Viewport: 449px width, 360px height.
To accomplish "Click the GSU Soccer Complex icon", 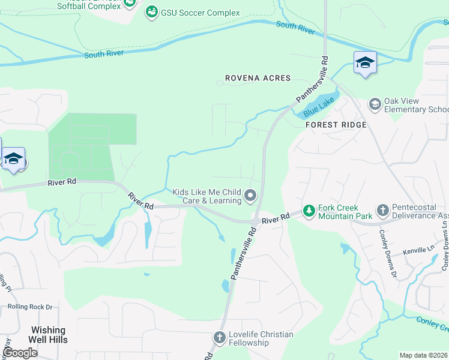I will coord(152,13).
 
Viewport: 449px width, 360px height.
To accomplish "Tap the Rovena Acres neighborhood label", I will coord(258,78).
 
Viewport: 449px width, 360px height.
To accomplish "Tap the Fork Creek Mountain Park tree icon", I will coord(309,211).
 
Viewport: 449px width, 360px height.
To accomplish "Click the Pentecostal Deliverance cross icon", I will coord(383,211).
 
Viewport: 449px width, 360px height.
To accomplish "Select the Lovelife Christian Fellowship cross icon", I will coord(219,338).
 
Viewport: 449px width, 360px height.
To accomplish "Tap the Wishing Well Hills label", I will coord(49,335).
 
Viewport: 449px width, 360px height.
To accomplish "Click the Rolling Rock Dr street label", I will coord(30,307).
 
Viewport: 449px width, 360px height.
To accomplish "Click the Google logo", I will coord(20,353).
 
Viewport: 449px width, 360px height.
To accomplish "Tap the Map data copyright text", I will coord(424,355).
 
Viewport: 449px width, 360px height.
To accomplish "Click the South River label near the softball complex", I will coord(104,53).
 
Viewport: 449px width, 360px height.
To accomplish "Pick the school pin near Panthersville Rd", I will coord(365,63).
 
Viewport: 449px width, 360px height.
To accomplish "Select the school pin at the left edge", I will coord(13,160).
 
